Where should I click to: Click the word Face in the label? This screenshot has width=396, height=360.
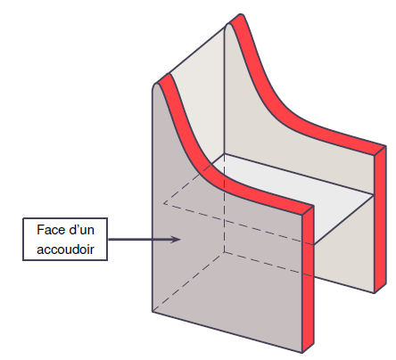click(x=48, y=230)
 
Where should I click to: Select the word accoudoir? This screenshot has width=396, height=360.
click(x=65, y=250)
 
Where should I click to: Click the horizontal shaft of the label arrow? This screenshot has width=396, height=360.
click(x=141, y=239)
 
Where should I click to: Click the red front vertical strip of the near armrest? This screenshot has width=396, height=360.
click(x=308, y=279)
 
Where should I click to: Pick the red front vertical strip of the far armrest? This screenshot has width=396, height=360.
click(x=381, y=219)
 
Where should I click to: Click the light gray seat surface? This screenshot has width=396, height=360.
click(x=293, y=196)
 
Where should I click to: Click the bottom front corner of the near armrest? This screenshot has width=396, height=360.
click(x=302, y=353)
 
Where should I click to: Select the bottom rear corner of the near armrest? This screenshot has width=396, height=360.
click(x=153, y=312)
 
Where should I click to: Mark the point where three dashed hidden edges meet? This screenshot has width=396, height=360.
click(x=224, y=252)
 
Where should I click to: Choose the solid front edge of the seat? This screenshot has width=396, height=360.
click(x=344, y=220)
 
